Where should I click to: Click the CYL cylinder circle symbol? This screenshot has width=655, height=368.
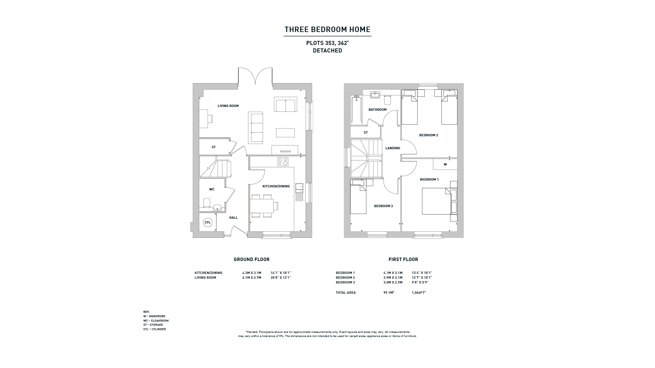click(x=207, y=223)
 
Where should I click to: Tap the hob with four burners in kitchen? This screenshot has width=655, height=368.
click(x=283, y=162)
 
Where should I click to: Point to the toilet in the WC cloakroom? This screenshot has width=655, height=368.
click(x=207, y=203)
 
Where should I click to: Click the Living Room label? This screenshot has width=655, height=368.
click(x=228, y=106)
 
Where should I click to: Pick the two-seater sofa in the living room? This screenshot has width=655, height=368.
click(x=285, y=104)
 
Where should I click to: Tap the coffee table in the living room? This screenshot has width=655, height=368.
click(x=285, y=133)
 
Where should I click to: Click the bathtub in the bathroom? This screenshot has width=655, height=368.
click(x=356, y=110)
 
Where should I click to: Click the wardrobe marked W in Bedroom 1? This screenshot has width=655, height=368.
click(x=445, y=164)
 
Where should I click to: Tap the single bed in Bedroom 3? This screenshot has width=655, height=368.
click(x=359, y=197)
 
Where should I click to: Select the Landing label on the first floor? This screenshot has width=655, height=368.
click(x=393, y=148)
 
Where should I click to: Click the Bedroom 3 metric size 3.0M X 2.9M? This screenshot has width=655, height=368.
click(x=393, y=282)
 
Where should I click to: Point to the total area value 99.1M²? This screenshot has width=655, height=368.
click(x=389, y=292)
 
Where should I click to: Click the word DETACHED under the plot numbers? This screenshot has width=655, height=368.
click(x=327, y=51)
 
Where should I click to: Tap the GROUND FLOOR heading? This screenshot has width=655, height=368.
click(x=251, y=260)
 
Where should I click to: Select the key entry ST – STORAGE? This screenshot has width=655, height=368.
click(x=153, y=325)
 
